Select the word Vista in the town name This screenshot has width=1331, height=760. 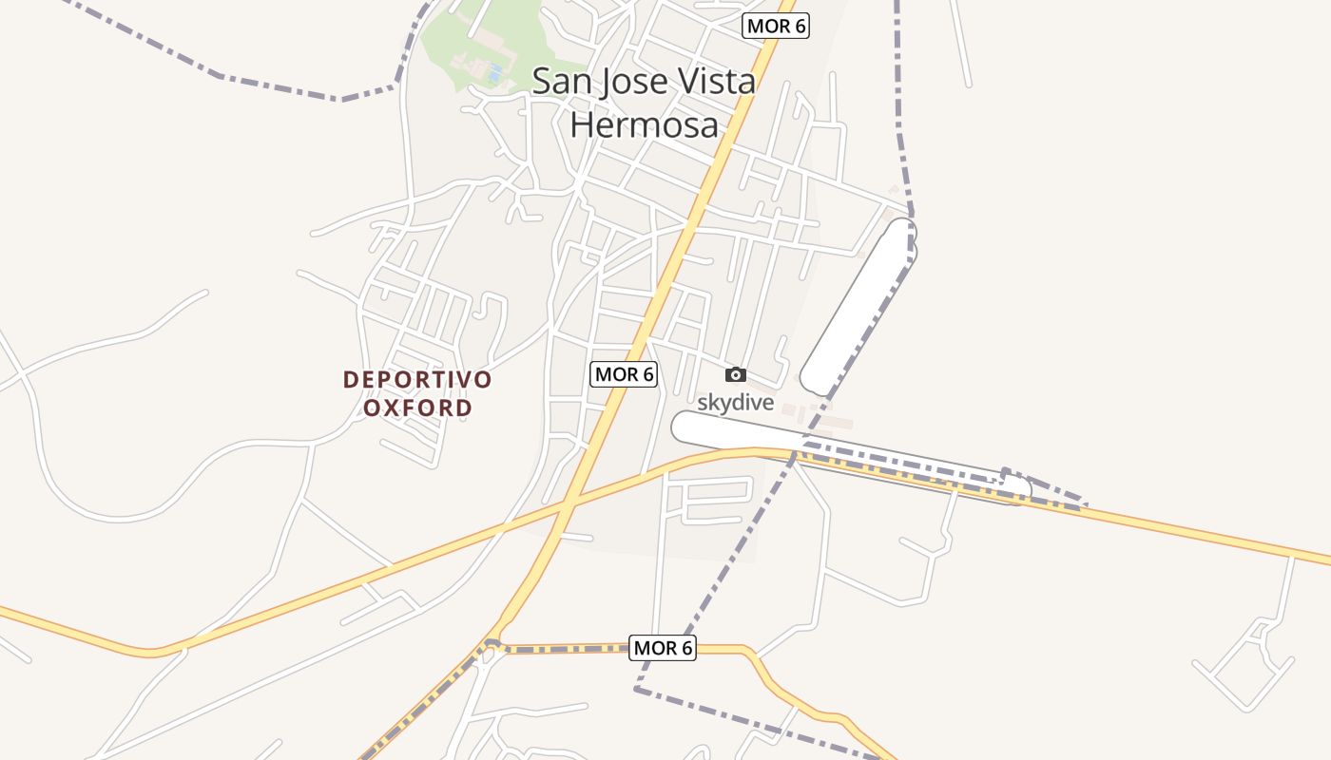pyautogui.click(x=713, y=81)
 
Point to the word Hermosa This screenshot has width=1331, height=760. pyautogui.click(x=644, y=123)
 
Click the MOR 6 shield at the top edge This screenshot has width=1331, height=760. pyautogui.click(x=776, y=26)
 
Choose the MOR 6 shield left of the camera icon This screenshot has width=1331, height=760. pyautogui.click(x=624, y=374)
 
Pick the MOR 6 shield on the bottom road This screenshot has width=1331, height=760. pyautogui.click(x=663, y=648)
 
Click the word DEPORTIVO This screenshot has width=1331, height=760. pyautogui.click(x=417, y=380)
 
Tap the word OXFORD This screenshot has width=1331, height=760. pyautogui.click(x=418, y=408)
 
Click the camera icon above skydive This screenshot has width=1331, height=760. pyautogui.click(x=736, y=375)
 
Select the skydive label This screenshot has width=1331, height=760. pyautogui.click(x=736, y=403)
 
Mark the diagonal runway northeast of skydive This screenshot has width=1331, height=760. pyautogui.click(x=858, y=306)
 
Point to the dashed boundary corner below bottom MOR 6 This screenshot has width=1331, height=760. pyautogui.click(x=637, y=690)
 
